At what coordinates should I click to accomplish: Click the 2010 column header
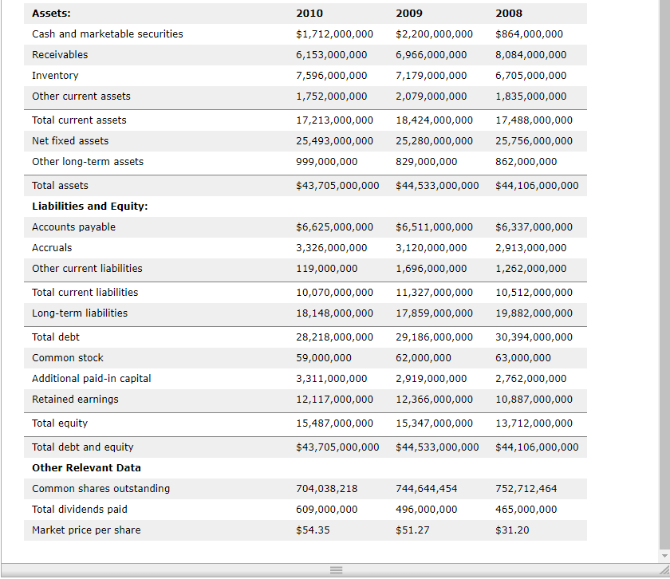[309, 13]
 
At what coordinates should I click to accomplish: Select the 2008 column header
[509, 13]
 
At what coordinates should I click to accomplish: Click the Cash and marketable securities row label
[107, 33]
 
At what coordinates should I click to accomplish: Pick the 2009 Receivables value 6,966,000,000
[431, 54]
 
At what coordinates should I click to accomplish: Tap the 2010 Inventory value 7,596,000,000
[331, 75]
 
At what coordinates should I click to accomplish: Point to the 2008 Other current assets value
[530, 96]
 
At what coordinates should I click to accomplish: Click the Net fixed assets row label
[70, 140]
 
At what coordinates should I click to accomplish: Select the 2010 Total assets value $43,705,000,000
[337, 185]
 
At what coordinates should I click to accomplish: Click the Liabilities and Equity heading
[89, 206]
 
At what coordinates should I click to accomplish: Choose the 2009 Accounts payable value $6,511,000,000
[434, 226]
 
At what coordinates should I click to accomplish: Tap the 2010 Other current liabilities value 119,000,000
[326, 268]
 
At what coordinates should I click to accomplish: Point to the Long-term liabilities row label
[80, 313]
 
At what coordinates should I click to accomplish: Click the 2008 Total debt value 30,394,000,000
[534, 337]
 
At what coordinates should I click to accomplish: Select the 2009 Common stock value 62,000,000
[423, 357]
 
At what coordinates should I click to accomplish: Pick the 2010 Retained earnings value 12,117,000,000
[334, 399]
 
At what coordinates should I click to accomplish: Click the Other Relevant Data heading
[86, 467]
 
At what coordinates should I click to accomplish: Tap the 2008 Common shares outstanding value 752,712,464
[526, 488]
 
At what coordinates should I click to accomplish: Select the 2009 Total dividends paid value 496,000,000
[426, 509]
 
